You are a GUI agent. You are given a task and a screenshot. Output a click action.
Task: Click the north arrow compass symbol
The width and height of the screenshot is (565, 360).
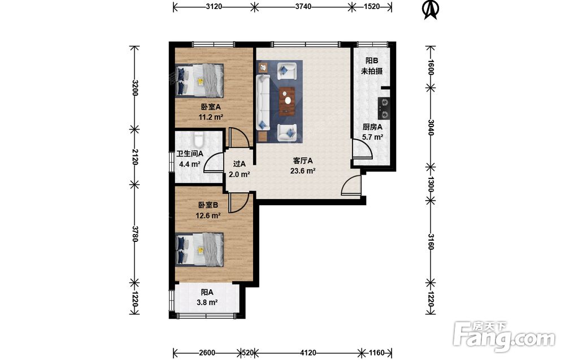point(431,10)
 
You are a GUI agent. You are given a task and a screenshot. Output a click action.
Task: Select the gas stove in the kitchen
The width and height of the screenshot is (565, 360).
point(384,109)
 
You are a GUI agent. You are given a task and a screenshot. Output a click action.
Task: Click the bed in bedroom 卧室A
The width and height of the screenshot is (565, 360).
point(199,80)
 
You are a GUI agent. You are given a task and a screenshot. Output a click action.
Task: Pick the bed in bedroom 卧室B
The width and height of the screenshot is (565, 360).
point(199,249)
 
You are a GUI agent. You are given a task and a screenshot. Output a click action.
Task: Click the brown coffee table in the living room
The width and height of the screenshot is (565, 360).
point(287,101)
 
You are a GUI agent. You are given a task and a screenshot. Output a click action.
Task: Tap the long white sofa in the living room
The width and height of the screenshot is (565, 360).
point(263,102)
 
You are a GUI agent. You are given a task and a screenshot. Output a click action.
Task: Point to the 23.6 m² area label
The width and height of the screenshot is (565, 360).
point(303,171)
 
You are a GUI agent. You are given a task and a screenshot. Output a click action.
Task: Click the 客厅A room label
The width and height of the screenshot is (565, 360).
point(303,161)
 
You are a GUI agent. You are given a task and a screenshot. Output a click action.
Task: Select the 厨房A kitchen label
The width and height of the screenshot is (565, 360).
point(372,127)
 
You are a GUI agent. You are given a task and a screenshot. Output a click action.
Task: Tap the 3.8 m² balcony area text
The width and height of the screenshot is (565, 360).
point(207,302)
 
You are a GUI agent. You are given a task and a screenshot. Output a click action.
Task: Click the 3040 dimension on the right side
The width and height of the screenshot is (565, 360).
point(431,127)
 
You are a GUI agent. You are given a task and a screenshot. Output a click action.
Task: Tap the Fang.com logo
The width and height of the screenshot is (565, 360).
point(505,337)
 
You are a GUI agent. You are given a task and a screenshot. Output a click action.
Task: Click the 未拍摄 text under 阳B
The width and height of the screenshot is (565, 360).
point(372,71)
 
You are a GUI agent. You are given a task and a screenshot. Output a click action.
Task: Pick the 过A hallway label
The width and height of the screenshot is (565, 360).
point(239,164)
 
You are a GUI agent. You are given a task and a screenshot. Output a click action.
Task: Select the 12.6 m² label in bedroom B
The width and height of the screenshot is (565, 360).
point(208,215)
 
